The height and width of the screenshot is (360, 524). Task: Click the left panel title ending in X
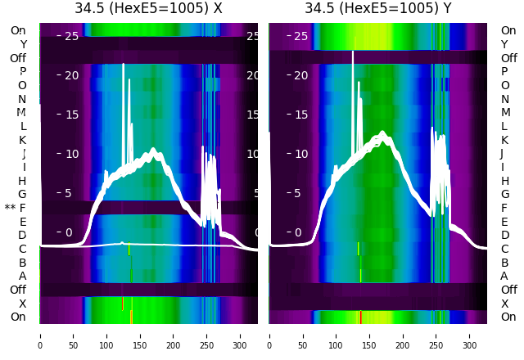(x=148, y=9)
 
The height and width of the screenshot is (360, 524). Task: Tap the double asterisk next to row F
(x=10, y=208)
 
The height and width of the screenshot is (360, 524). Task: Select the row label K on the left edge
(x=22, y=140)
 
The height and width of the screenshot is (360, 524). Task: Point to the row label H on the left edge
(x=22, y=181)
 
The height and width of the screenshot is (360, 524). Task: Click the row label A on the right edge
(x=504, y=276)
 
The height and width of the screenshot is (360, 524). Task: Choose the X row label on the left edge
(x=23, y=304)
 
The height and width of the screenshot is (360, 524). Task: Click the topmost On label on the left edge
(x=18, y=30)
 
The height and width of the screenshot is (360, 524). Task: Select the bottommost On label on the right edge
(x=508, y=317)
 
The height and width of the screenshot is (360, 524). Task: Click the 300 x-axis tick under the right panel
(x=470, y=335)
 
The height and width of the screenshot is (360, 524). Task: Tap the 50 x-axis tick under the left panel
(x=73, y=335)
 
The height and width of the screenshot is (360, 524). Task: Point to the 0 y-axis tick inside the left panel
(x=69, y=232)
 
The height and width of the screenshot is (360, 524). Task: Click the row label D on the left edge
(x=22, y=235)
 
